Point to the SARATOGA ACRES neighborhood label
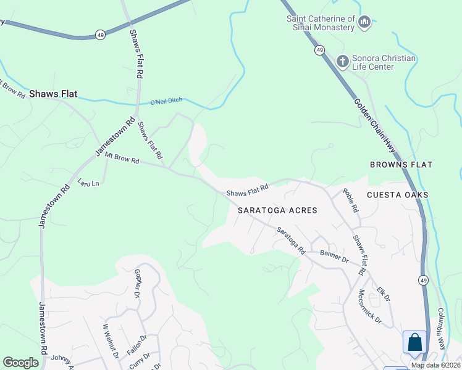(277, 210)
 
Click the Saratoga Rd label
(291, 240)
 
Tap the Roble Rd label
(351, 200)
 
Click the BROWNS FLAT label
(401, 165)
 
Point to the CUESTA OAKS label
(397, 194)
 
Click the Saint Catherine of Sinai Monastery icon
(364, 23)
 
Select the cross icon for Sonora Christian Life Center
(343, 62)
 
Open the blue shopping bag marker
(415, 342)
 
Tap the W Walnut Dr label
(110, 339)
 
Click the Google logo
(20, 363)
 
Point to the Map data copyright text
(435, 365)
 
